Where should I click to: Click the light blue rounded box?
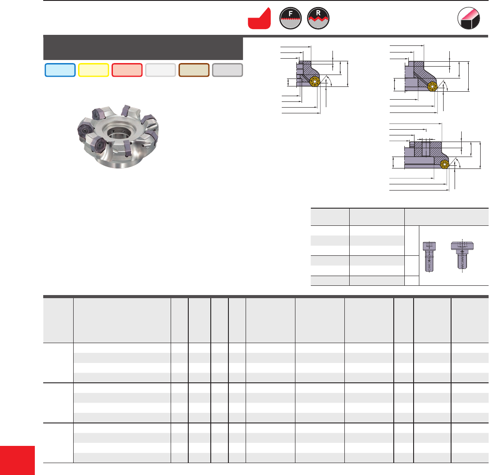tap(60, 70)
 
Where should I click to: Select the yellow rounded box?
tap(93, 70)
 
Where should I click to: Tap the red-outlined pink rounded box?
tap(127, 70)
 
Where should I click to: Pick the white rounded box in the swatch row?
tap(161, 70)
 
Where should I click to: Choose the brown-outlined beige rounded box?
tap(194, 70)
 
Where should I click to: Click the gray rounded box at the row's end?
tap(228, 70)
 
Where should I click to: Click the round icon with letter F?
tap(290, 19)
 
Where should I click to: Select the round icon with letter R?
tap(318, 19)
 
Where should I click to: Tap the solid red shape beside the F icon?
tap(259, 19)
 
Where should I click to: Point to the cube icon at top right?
tap(468, 19)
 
